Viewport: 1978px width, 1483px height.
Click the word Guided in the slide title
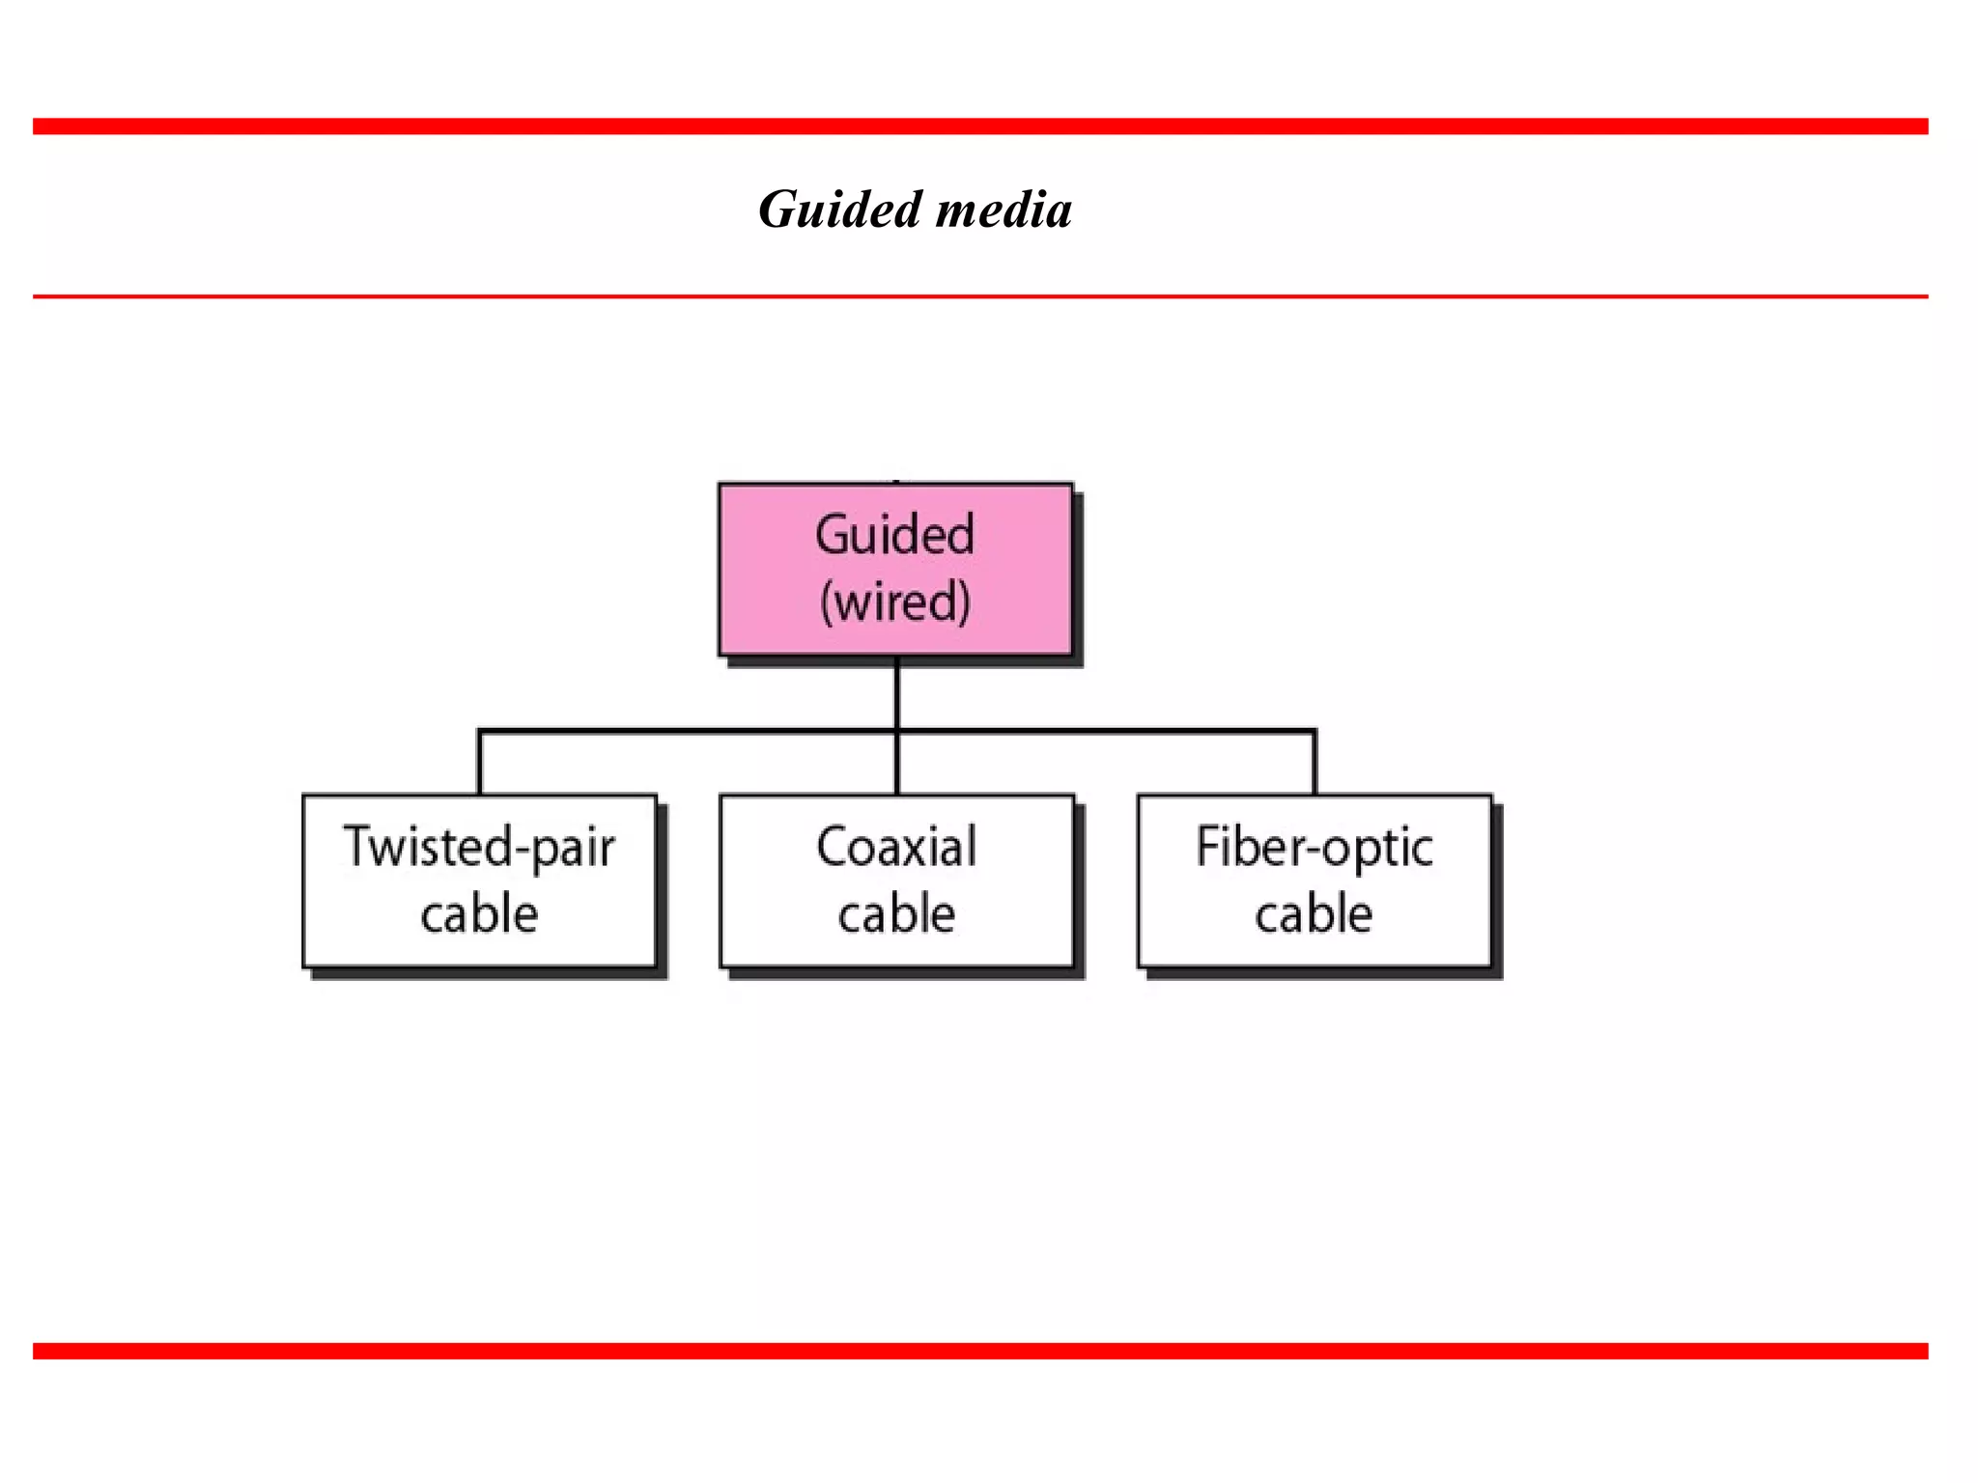pos(840,210)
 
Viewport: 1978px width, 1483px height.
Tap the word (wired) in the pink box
pos(895,602)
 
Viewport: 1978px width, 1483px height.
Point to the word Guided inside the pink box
pos(895,535)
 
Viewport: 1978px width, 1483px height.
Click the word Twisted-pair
pos(479,847)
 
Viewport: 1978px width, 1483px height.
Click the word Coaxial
pos(896,847)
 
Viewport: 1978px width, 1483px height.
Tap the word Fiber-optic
pos(1314,847)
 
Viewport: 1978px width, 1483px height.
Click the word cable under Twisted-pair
pos(479,913)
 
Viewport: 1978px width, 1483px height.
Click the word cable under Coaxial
pos(896,913)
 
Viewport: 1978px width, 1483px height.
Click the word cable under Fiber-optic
pos(1314,913)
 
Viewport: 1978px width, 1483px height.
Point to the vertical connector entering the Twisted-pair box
pos(480,765)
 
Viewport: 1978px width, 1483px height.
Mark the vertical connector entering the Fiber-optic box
pos(1314,765)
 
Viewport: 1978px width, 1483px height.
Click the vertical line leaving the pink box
pos(897,693)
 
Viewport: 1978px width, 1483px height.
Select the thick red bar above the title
pos(980,126)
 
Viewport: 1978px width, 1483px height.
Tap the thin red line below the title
pos(980,296)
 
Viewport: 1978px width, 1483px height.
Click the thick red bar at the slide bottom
pos(980,1351)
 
